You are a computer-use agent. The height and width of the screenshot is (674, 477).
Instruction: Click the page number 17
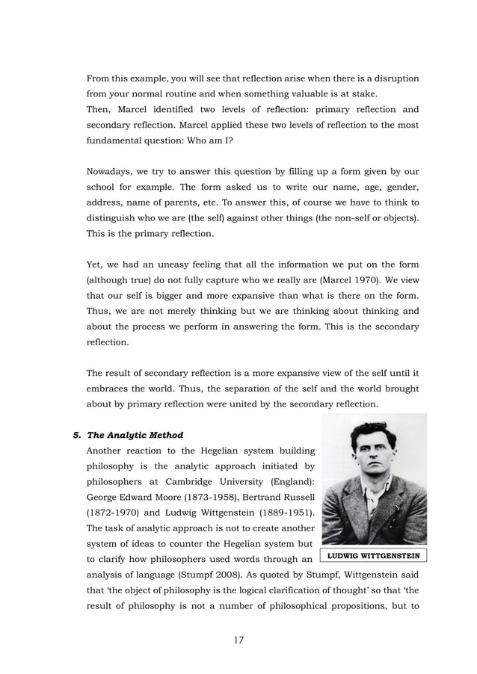click(x=238, y=640)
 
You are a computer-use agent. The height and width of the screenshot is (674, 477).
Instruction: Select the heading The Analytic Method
click(x=135, y=434)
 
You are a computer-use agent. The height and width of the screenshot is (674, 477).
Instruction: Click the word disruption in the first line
click(x=393, y=78)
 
